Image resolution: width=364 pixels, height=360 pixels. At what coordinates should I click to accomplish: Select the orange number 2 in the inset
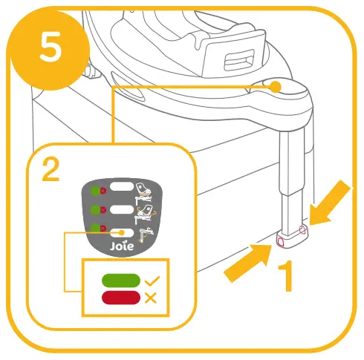click(x=51, y=171)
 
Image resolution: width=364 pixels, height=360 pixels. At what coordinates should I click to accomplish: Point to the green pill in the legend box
click(x=121, y=281)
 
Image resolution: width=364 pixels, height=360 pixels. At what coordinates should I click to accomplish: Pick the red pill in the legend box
click(x=121, y=298)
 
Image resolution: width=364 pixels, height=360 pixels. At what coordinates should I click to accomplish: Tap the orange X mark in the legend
click(x=151, y=298)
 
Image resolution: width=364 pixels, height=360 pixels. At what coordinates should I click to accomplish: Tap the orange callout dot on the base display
click(x=275, y=87)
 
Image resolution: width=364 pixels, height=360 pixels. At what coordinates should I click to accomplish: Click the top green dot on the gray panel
click(x=94, y=190)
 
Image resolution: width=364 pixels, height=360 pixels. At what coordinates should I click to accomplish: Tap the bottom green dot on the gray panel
click(x=94, y=229)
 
